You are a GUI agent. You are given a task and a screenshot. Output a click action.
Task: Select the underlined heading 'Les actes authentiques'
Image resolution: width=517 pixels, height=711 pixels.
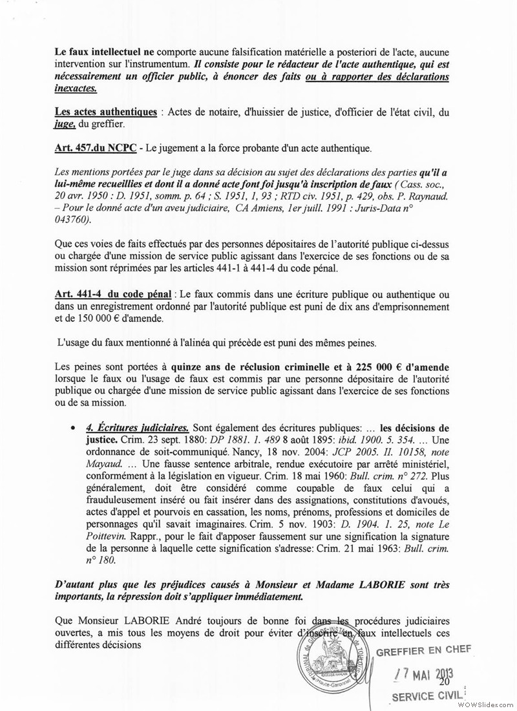tap(106, 112)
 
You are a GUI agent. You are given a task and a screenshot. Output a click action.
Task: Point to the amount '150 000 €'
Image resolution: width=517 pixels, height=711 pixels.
tap(121, 319)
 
